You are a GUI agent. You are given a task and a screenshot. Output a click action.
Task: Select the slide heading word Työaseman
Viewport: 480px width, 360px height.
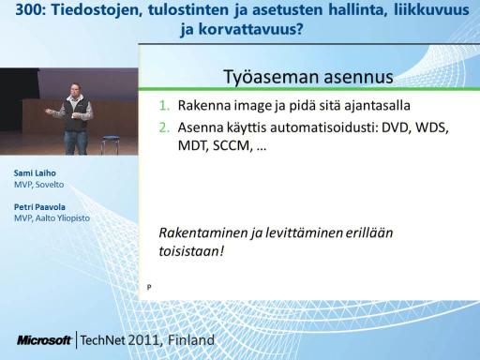click(x=271, y=77)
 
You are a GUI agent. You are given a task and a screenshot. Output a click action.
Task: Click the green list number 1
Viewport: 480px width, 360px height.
click(x=164, y=106)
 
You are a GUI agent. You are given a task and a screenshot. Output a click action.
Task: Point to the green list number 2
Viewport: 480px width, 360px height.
click(x=164, y=127)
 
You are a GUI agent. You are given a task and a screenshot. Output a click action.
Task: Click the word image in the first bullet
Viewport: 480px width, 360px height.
click(x=253, y=106)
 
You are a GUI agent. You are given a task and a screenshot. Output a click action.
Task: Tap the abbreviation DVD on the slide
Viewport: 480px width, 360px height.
click(x=396, y=127)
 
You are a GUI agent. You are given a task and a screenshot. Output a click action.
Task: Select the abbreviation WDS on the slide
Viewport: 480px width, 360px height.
click(x=431, y=127)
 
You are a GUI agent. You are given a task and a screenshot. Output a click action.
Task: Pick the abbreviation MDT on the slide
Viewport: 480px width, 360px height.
click(x=193, y=145)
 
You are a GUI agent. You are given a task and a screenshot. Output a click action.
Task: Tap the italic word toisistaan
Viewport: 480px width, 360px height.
click(x=189, y=251)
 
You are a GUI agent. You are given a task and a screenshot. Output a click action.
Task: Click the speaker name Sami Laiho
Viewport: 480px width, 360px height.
click(x=35, y=173)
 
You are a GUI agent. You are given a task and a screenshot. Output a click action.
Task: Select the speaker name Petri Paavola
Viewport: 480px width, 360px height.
click(x=39, y=207)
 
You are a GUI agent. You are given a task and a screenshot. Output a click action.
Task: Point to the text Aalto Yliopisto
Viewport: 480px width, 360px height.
click(x=63, y=218)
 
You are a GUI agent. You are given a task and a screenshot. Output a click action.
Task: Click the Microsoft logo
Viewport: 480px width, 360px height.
click(x=44, y=340)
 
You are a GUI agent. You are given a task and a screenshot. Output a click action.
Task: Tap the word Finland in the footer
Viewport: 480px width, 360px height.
click(x=191, y=340)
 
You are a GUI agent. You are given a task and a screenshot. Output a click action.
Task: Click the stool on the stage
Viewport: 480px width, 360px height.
click(x=110, y=144)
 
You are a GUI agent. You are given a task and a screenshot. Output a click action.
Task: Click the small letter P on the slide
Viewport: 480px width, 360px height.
click(x=149, y=287)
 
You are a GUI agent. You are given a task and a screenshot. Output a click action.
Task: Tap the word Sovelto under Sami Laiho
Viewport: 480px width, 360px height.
click(x=50, y=185)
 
